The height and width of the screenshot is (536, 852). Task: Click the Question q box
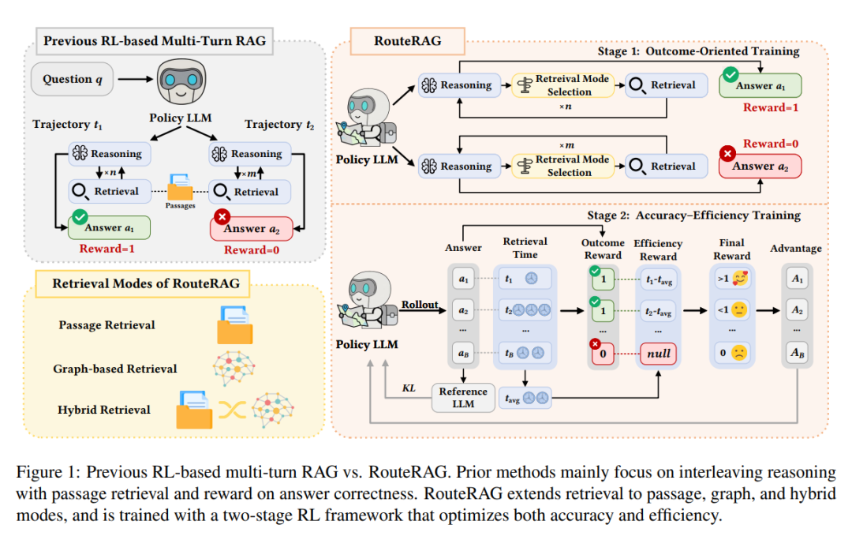73,80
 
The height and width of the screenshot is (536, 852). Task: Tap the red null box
658,354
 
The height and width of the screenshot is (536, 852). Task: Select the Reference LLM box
463,397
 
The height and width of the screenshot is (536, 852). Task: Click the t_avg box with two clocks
525,398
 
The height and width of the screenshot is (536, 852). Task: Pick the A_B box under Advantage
797,352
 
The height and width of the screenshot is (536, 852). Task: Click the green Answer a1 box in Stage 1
760,85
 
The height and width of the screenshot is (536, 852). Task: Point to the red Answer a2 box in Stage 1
760,167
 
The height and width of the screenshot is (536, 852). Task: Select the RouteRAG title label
408,41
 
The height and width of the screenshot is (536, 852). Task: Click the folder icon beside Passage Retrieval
235,325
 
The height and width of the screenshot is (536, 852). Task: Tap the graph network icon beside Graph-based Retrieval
234,368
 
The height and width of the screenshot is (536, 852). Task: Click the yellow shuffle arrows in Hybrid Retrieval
232,410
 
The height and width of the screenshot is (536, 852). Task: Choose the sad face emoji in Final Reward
739,353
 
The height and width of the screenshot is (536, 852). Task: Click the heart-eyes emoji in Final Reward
739,279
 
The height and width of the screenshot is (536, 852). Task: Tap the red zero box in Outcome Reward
603,354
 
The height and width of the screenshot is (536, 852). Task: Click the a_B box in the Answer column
463,353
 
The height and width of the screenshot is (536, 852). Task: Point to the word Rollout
420,305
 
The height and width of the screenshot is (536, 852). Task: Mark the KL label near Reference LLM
409,388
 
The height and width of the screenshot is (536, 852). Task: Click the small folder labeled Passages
180,187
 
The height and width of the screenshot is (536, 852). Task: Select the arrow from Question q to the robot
136,80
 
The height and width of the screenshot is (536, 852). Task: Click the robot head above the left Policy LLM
181,81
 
